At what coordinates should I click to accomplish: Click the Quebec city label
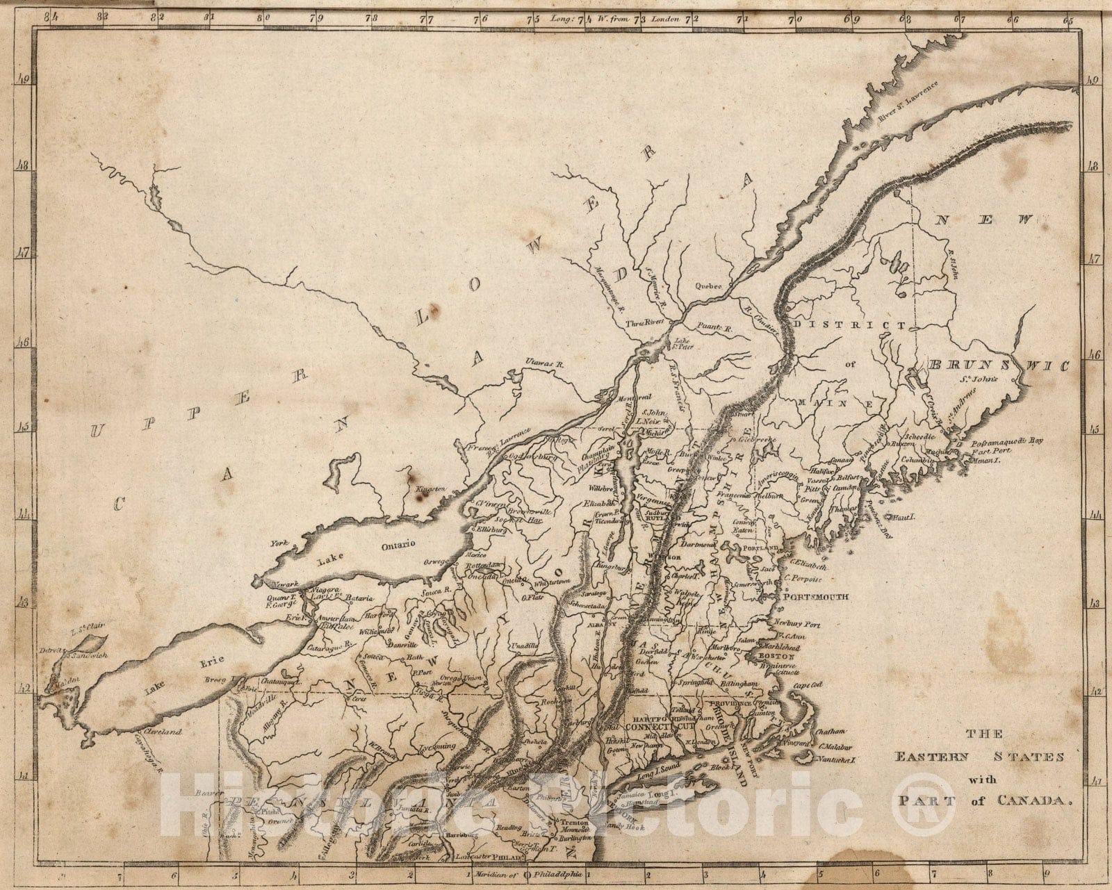click(x=710, y=286)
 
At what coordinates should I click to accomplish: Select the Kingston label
click(x=430, y=489)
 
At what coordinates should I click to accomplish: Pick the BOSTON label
click(x=776, y=656)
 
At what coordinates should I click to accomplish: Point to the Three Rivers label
click(x=646, y=323)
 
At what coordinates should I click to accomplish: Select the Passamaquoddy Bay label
click(x=1008, y=440)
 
